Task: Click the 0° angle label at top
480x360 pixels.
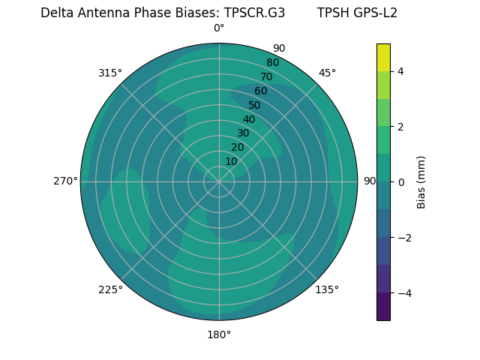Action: coord(219,28)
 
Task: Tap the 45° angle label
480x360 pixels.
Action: coord(327,73)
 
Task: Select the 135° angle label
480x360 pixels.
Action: coord(327,289)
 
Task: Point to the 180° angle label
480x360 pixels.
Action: coord(219,334)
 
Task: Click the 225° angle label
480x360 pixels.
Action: coord(110,289)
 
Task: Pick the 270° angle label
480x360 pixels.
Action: coord(65,181)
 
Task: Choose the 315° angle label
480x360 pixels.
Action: coord(110,73)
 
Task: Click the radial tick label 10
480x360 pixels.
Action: coord(231,161)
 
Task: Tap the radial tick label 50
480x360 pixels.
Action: coord(254,105)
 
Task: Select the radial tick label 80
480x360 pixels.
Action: coord(272,62)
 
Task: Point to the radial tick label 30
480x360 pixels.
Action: coord(243,133)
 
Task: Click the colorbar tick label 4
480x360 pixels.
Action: coord(401,71)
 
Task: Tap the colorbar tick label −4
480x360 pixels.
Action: coord(401,292)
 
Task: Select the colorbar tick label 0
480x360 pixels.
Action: coord(401,181)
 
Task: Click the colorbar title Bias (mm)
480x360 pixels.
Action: coord(421,181)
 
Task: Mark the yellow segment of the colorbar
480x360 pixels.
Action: coord(383,57)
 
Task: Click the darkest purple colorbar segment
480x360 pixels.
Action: coord(383,307)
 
